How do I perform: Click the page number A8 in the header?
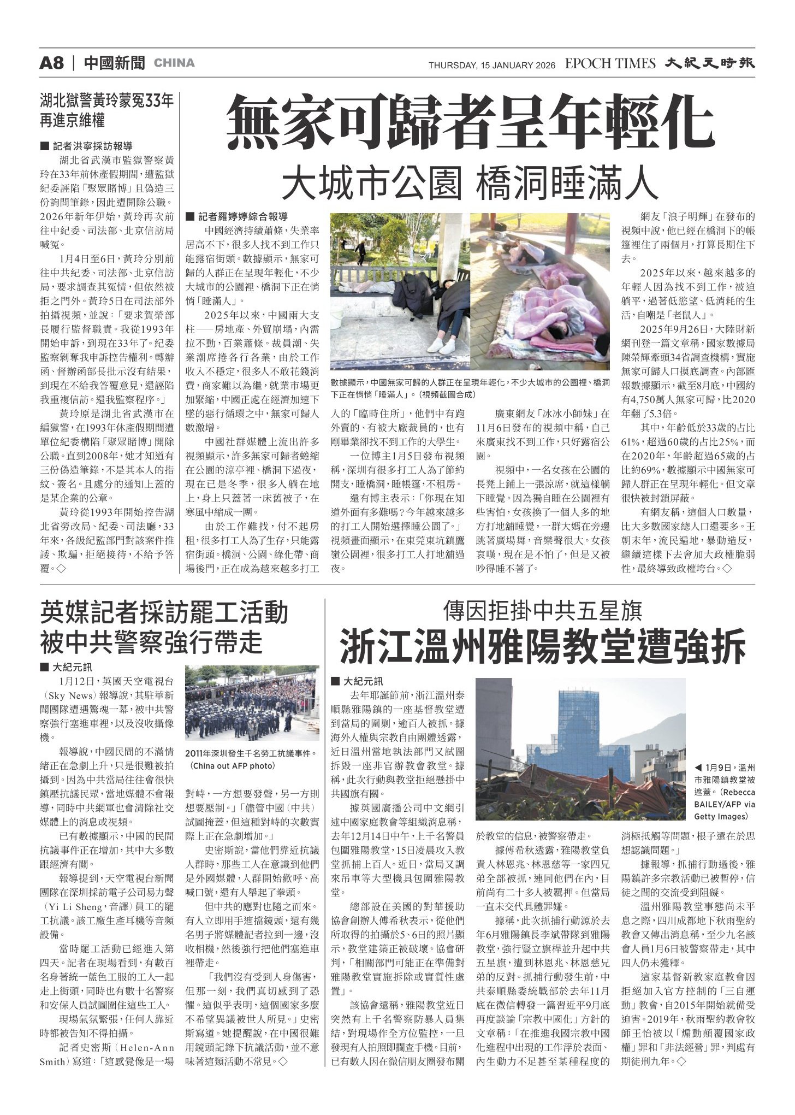coord(52,63)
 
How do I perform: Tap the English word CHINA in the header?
coord(174,63)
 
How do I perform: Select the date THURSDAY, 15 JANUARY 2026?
coord(491,66)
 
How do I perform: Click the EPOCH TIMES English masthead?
coord(610,64)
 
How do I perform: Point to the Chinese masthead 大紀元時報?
coord(710,63)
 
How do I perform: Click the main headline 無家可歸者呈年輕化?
coord(471,123)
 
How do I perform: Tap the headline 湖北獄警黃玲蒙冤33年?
coord(107,102)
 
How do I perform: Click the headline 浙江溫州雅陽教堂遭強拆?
coord(543,646)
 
